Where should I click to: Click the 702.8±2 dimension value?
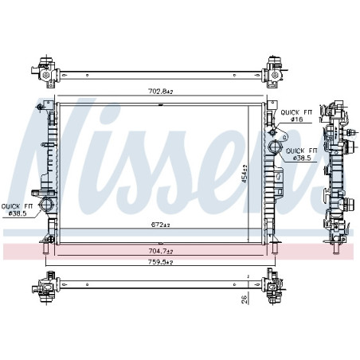point(160,92)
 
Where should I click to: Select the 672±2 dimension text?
point(160,225)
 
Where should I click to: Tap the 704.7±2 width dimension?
point(160,251)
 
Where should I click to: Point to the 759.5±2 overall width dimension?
point(160,262)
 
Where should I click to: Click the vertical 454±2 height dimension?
point(245,174)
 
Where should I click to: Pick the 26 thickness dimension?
point(245,299)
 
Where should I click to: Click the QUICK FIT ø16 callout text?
point(296,115)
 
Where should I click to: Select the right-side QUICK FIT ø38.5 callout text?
point(302,155)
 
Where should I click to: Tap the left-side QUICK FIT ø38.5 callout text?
point(17,209)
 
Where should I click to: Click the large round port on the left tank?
point(46,205)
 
